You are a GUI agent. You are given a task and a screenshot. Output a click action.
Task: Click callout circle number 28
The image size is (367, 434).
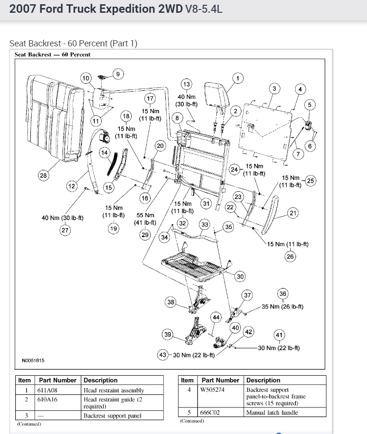(43, 176)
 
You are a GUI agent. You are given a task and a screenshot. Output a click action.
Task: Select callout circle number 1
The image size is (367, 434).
(237, 78)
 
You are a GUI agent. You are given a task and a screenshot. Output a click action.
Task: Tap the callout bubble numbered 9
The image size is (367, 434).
(118, 73)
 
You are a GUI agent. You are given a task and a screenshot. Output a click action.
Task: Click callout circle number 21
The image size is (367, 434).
(293, 213)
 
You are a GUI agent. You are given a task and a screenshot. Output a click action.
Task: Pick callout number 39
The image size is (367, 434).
(168, 335)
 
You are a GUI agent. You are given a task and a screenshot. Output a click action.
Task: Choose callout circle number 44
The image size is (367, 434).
(216, 317)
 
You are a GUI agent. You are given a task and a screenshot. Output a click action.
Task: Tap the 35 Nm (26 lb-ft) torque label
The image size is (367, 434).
(283, 307)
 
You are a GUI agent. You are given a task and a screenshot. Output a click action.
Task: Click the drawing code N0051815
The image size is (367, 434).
(33, 360)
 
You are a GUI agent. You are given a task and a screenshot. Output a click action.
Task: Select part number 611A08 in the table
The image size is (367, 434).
(47, 390)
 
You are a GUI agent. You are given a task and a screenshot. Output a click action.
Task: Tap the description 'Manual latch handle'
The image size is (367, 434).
(271, 413)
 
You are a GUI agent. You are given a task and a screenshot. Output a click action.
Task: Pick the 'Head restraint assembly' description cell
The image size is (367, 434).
(114, 390)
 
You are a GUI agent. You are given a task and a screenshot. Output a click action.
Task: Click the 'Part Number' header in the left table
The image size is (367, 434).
(57, 380)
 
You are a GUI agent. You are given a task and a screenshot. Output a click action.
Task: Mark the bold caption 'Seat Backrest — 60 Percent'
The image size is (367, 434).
(53, 54)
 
